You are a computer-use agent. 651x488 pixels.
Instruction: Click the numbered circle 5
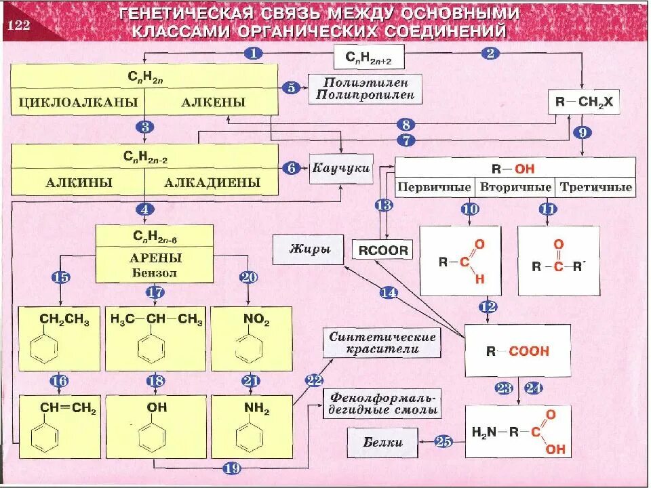[x=291, y=87]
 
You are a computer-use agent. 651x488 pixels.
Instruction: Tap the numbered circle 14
[x=389, y=292]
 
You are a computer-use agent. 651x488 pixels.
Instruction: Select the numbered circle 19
[x=232, y=467]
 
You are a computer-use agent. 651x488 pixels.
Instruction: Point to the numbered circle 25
[x=443, y=442]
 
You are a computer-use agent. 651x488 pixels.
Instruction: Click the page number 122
[x=20, y=26]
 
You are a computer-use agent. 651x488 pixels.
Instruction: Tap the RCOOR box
[x=384, y=250]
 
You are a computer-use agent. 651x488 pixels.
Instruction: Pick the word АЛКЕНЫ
[x=213, y=102]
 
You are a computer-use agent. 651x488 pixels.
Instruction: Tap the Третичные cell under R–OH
[x=595, y=187]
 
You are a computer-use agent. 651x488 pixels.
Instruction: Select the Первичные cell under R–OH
[x=434, y=187]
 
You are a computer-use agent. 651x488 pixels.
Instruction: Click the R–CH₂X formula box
[x=583, y=102]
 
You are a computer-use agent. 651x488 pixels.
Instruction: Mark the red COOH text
[x=529, y=351]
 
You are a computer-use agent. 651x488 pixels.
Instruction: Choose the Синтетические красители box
[x=382, y=343]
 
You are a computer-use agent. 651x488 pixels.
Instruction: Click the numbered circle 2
[x=490, y=53]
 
